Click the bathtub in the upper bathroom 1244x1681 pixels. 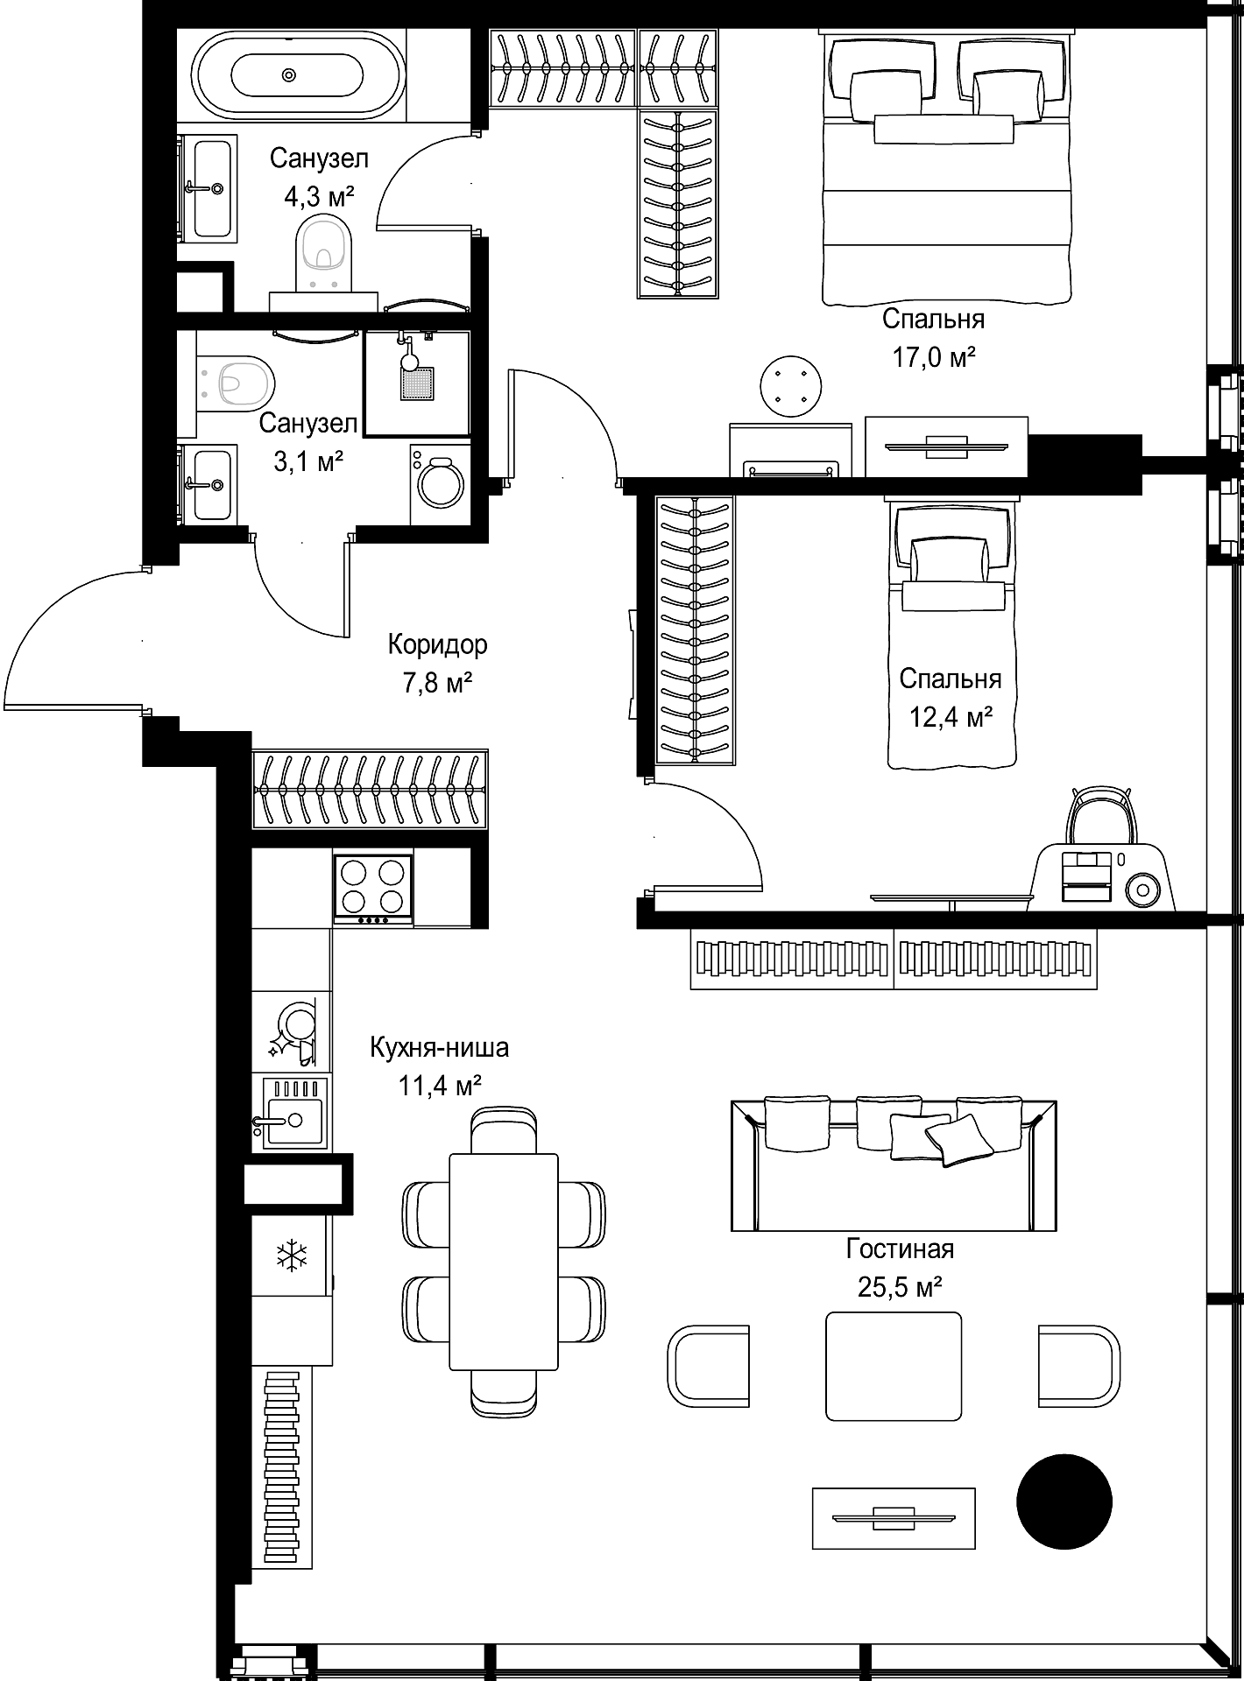289,74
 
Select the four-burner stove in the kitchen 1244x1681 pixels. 372,888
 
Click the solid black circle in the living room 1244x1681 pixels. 1064,1502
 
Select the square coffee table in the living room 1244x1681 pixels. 894,1366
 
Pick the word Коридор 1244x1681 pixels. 437,645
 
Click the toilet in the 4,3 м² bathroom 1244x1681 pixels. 325,254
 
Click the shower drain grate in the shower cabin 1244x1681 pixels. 418,383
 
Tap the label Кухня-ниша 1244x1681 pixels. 439,1048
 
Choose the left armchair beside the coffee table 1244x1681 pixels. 709,1366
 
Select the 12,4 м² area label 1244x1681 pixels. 951,718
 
